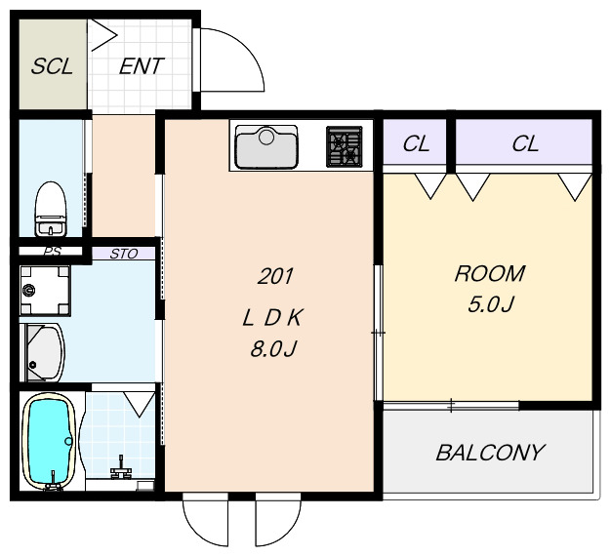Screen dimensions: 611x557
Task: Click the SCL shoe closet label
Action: [x=52, y=66]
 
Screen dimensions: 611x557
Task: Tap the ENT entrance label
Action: [x=142, y=66]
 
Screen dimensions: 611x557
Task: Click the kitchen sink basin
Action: [x=266, y=147]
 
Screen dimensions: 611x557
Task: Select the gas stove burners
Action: [x=345, y=146]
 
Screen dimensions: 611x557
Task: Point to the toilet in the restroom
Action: [x=51, y=209]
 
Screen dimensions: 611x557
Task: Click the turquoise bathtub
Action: [x=49, y=441]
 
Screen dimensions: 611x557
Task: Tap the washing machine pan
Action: [x=45, y=290]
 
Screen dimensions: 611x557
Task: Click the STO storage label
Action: [x=124, y=254]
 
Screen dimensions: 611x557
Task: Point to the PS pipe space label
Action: [x=52, y=252]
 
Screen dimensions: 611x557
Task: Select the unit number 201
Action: [x=275, y=277]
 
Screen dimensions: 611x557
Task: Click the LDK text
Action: [x=272, y=318]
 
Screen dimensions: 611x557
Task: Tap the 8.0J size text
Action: [x=273, y=349]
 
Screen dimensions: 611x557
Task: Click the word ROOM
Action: [x=490, y=273]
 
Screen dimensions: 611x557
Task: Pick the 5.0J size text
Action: [x=491, y=304]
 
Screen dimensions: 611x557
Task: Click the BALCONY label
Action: [x=490, y=453]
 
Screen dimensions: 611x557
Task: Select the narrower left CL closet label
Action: [x=416, y=143]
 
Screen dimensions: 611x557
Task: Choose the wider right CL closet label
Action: [x=525, y=143]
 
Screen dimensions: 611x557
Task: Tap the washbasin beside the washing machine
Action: [x=43, y=352]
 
